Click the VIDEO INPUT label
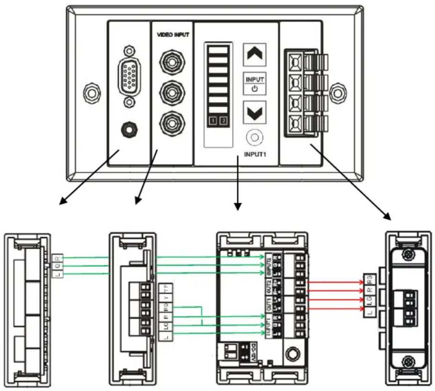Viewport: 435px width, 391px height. point(173,35)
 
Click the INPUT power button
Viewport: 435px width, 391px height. point(254,84)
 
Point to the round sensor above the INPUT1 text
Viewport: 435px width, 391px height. point(254,138)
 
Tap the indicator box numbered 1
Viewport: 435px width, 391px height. point(213,121)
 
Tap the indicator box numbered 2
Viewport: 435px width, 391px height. point(224,121)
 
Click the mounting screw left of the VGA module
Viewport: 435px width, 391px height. point(90,93)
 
